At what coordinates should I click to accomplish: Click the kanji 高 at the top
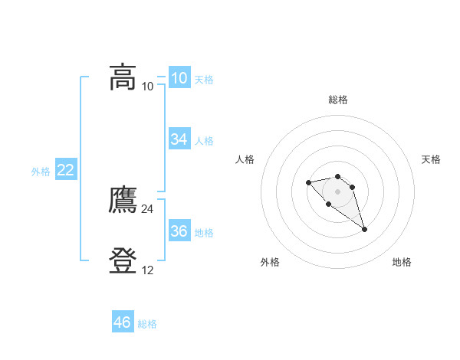click(123, 77)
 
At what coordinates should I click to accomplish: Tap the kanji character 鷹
click(123, 201)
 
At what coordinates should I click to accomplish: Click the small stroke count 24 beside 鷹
click(148, 209)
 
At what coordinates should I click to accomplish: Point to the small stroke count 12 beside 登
click(148, 270)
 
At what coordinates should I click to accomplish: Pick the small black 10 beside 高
click(148, 87)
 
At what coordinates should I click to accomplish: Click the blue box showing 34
click(179, 139)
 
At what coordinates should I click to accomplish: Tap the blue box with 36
click(179, 231)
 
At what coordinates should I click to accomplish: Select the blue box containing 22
click(66, 170)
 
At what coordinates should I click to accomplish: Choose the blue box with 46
click(123, 322)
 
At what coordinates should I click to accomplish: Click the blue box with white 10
click(179, 78)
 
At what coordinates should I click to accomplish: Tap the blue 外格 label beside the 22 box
click(41, 172)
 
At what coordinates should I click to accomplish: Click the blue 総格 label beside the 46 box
click(147, 324)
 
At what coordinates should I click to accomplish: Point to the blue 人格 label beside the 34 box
click(204, 141)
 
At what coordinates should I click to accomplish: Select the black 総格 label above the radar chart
click(338, 100)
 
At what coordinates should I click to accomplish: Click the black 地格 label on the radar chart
click(402, 262)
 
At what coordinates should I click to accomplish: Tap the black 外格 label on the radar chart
click(270, 262)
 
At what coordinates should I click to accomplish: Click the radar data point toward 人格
click(308, 182)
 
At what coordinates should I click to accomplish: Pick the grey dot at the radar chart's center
click(337, 191)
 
